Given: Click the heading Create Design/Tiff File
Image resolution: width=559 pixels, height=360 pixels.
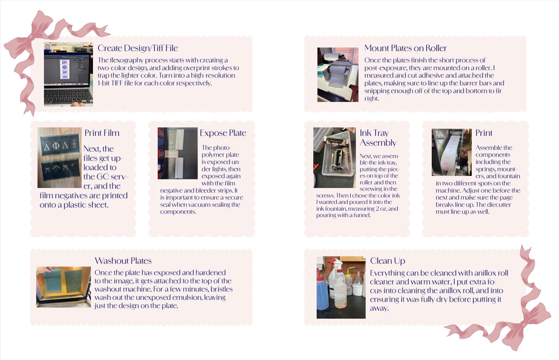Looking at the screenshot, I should (138, 48).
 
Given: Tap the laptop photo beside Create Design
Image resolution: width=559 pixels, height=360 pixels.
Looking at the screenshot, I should (68, 74).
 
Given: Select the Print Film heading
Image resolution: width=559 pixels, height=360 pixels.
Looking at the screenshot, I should (102, 133).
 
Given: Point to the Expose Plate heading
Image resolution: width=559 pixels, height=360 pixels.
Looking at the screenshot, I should (223, 133).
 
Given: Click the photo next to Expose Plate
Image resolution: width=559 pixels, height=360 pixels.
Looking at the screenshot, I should (177, 153).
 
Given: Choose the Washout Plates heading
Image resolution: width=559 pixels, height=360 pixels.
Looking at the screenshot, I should (123, 261).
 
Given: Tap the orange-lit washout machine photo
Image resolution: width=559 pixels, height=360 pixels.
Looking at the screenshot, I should (63, 287).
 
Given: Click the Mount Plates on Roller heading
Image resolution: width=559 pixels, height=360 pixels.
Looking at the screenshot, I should (406, 48).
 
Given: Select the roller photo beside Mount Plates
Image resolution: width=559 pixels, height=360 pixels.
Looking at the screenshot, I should (338, 75).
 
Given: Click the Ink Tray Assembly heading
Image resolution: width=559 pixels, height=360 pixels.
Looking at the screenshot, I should (378, 138).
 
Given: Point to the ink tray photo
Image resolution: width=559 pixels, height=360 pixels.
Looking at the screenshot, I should (335, 158).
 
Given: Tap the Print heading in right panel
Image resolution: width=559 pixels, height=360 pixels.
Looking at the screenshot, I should (484, 133).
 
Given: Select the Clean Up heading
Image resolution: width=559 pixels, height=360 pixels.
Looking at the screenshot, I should (387, 261).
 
